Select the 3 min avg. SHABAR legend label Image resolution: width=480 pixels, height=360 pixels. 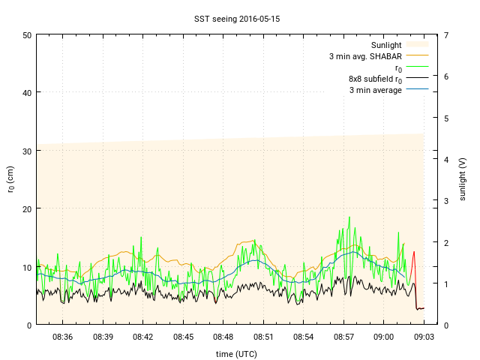click(365, 56)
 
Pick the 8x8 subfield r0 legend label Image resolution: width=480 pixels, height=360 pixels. click(375, 79)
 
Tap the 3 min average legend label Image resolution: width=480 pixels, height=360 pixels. click(375, 90)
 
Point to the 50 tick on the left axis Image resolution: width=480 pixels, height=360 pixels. click(27, 35)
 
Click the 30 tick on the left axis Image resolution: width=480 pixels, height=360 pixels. click(27, 151)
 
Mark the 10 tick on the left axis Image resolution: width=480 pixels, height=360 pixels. click(27, 267)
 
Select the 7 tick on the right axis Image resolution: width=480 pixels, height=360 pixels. click(446, 35)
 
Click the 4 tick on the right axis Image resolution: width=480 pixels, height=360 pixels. click(446, 159)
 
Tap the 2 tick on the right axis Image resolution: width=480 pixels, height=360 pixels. click(446, 242)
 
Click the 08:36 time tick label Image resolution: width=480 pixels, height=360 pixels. click(62, 337)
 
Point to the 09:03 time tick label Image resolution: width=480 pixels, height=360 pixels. click(424, 337)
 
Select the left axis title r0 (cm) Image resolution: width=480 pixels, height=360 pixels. click(10, 179)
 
